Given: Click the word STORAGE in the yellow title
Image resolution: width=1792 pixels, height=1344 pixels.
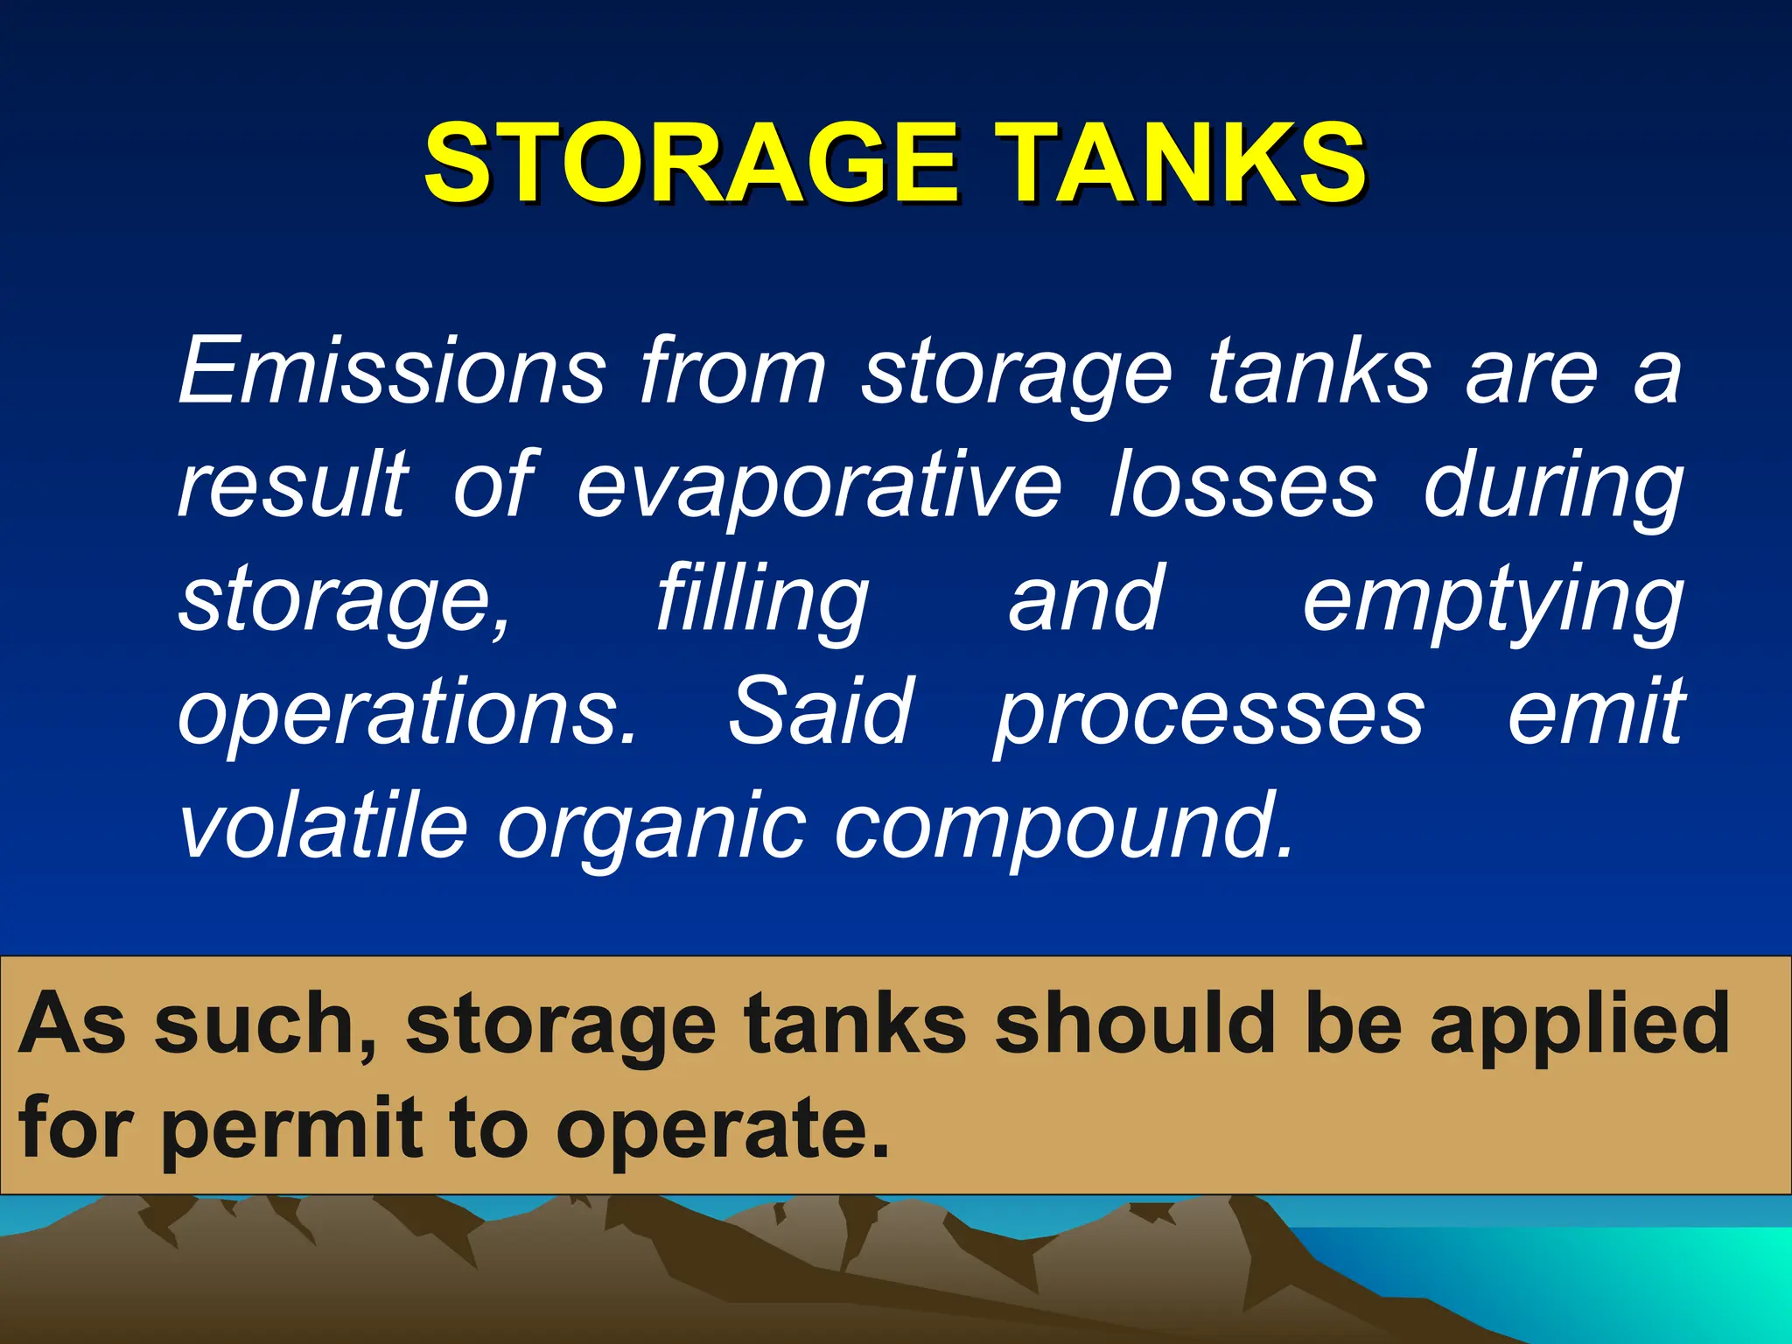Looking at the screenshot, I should pyautogui.click(x=691, y=163).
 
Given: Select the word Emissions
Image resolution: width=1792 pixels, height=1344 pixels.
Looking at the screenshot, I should pyautogui.click(x=391, y=372).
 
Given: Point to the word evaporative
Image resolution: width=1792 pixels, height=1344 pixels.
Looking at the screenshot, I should pyautogui.click(x=819, y=486).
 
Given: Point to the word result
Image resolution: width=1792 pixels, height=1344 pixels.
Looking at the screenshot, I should pyautogui.click(x=293, y=486).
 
